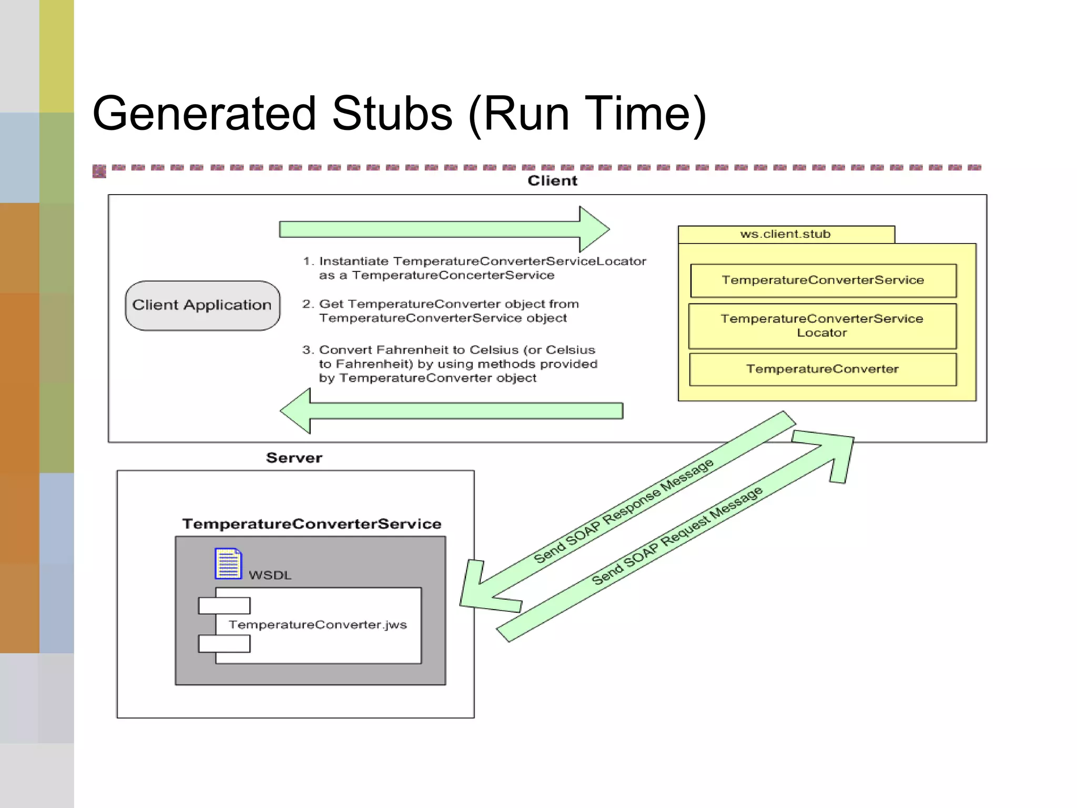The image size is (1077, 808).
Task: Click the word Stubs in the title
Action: coord(392,114)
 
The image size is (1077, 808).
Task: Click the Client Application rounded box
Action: coord(202,306)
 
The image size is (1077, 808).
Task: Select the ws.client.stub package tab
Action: coord(786,235)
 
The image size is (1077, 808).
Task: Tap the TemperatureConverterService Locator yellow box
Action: coord(822,326)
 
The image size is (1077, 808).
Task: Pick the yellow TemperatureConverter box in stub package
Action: coord(822,369)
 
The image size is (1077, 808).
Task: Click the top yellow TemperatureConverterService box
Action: coord(822,280)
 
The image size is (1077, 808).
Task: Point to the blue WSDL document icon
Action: coord(228,563)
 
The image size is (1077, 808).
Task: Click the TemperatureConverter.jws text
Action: coord(318,625)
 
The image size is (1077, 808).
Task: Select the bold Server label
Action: coord(294,458)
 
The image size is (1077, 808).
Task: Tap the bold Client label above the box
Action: coord(552,181)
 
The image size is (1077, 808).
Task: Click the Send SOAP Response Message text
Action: coord(624,511)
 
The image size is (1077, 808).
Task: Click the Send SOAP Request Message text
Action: coord(677,536)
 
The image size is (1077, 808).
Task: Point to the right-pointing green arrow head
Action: coord(594,229)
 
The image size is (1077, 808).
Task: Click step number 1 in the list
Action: coord(308,261)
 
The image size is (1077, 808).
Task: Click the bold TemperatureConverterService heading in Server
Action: coord(311,524)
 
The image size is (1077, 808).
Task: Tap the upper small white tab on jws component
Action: coord(224,605)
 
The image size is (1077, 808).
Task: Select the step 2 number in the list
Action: coord(308,304)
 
